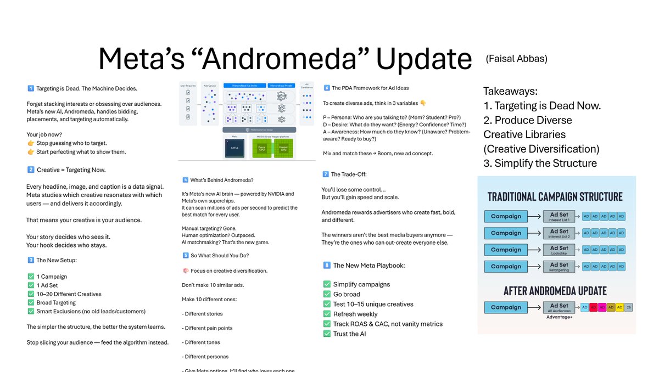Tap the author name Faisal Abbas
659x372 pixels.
coord(516,59)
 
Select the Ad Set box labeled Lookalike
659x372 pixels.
coord(559,250)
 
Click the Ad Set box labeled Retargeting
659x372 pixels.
coord(559,267)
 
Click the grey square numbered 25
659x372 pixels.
coord(628,307)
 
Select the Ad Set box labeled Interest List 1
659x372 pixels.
coord(559,216)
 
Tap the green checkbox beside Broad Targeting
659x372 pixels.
coord(31,303)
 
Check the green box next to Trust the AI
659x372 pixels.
coord(327,334)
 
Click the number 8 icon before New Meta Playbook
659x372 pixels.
coord(327,266)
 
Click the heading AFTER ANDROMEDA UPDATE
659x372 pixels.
coord(555,291)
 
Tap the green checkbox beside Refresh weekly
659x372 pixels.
coord(327,314)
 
